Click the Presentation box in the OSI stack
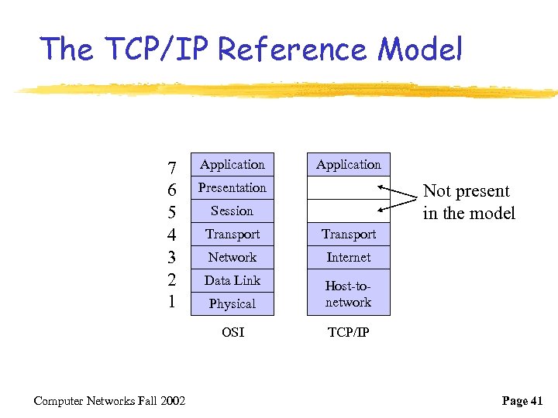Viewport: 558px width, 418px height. pos(232,187)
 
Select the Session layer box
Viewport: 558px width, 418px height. pos(232,211)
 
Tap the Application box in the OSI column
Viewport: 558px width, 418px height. pos(232,164)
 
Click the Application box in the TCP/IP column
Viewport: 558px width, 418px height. pos(349,164)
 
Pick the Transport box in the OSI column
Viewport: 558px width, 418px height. pos(232,234)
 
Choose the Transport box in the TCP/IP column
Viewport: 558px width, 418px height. pos(349,234)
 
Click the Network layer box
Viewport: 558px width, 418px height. pos(232,257)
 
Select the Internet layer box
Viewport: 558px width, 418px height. pos(349,257)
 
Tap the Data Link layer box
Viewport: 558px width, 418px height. pos(232,280)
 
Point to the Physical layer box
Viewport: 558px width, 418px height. pos(232,303)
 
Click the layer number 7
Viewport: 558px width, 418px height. pos(172,168)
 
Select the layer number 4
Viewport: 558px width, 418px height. pos(172,235)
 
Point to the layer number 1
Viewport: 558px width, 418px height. pos(172,301)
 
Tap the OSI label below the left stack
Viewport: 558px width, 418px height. pos(232,332)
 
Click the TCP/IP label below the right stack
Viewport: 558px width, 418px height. pos(349,332)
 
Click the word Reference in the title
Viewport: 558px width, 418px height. pos(294,50)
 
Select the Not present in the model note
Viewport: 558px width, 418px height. pos(469,202)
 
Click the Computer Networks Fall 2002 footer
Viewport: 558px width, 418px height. pos(109,400)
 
